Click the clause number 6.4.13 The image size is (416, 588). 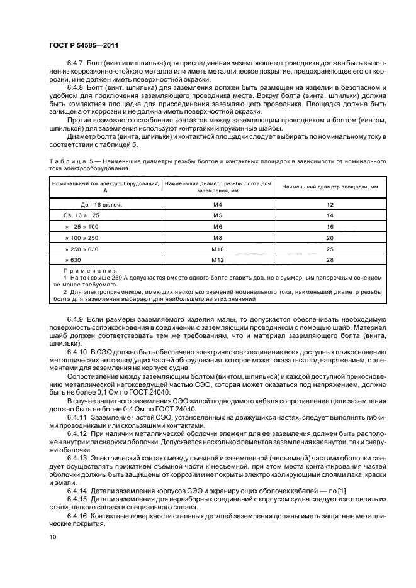tap(77, 459)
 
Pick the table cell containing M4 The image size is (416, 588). tap(217, 205)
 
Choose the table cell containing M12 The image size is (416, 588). tap(217, 259)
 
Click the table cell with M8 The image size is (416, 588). tap(217, 237)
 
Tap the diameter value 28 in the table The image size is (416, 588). tap(329, 259)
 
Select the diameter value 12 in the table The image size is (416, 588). tap(329, 205)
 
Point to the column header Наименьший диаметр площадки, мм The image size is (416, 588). tap(329, 187)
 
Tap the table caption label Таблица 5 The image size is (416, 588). tap(72, 162)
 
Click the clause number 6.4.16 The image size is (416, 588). tap(77, 514)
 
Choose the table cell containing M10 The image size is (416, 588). tap(217, 249)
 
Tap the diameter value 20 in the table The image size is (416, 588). tap(329, 237)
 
